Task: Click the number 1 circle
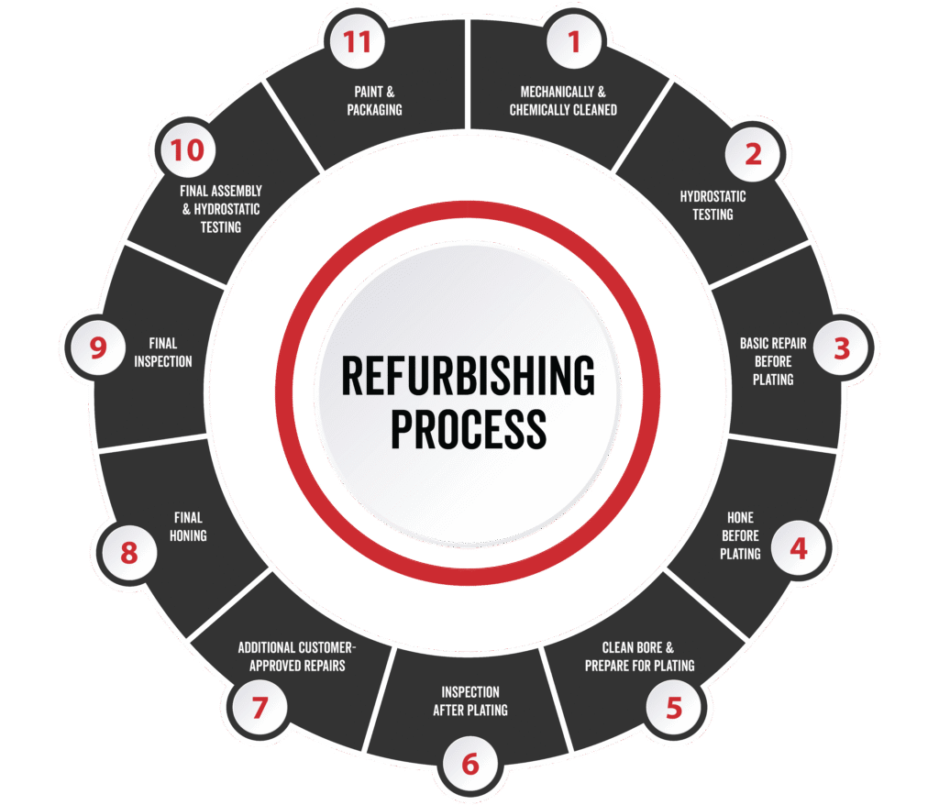tap(575, 41)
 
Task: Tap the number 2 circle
tap(752, 154)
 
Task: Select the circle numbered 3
tap(841, 348)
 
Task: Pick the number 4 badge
tap(799, 548)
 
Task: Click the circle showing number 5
tap(674, 707)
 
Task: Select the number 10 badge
tap(187, 151)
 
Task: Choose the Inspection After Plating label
tap(469, 700)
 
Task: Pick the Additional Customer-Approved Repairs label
tap(297, 656)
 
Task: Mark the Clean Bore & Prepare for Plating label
tap(639, 656)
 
